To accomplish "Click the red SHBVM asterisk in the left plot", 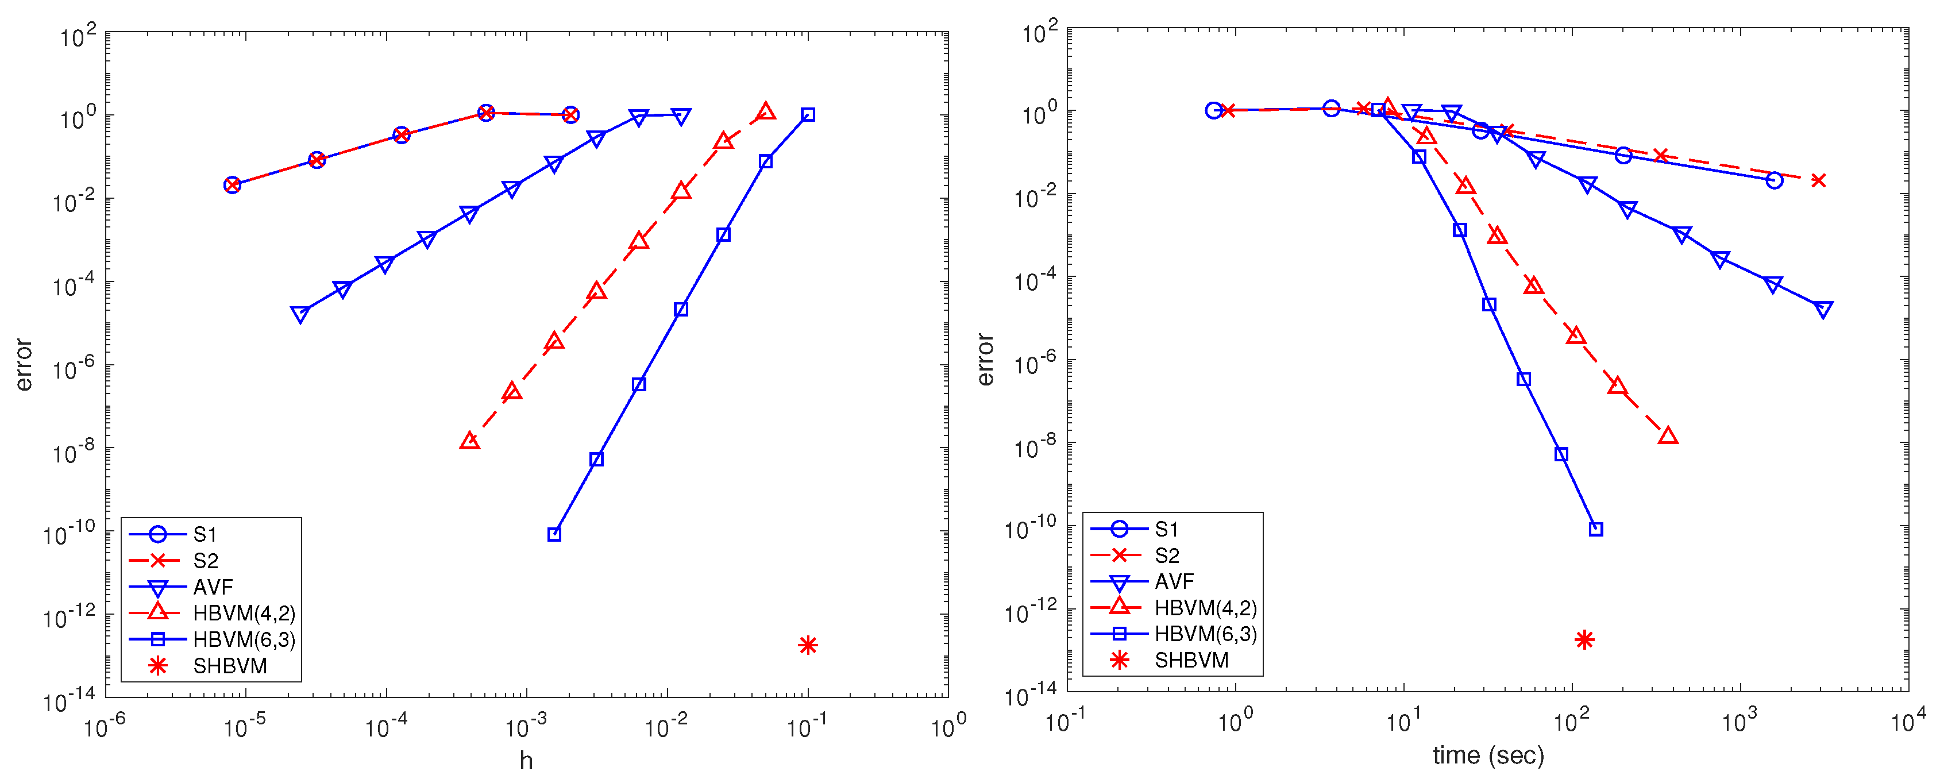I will pos(807,645).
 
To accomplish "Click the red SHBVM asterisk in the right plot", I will pos(1584,640).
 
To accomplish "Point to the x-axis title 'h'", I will pos(526,761).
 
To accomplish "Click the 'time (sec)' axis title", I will pos(1488,755).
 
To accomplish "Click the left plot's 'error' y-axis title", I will pos(24,364).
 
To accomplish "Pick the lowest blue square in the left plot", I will pos(554,535).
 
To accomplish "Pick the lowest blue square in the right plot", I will pos(1596,529).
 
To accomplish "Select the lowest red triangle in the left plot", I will pos(469,441).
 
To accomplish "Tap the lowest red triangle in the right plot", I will pos(1668,436).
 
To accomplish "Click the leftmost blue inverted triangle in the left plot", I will pos(300,315).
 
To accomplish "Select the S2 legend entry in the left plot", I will pos(205,561).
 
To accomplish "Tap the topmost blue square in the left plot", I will pos(808,114).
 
